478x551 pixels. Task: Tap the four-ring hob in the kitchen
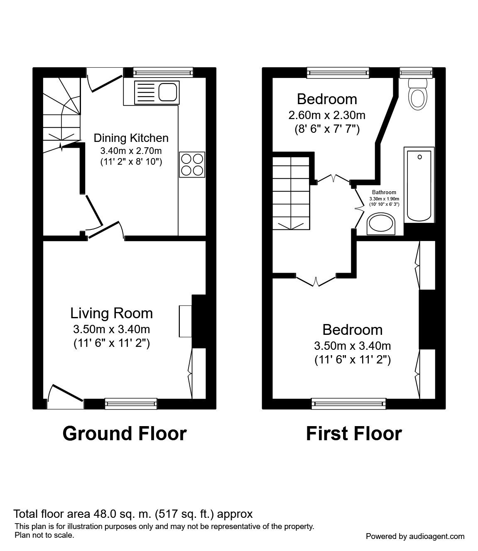click(192, 165)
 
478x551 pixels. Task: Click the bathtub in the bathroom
click(419, 185)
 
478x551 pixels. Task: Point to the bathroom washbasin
click(381, 224)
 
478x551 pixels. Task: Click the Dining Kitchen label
click(131, 138)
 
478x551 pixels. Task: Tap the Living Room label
click(111, 313)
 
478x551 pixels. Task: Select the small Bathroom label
click(384, 192)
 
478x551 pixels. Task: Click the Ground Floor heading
click(124, 433)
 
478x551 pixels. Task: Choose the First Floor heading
click(354, 433)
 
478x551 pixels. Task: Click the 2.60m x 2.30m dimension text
click(327, 115)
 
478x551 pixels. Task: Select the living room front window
click(131, 403)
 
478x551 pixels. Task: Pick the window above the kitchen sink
click(163, 73)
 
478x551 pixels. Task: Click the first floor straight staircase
click(291, 191)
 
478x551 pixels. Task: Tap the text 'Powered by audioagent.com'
click(415, 536)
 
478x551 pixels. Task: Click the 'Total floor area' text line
click(133, 514)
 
